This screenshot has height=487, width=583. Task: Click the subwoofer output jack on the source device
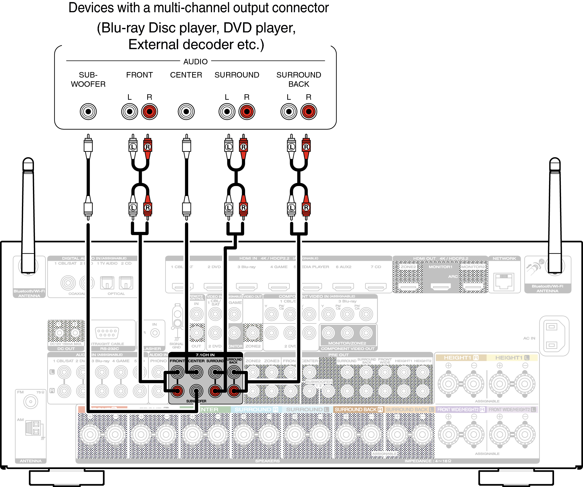tap(88, 111)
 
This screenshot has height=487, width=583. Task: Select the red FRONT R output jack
tap(149, 111)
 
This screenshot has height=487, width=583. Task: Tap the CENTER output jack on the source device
tap(186, 111)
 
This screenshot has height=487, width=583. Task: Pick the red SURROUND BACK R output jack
tap(308, 111)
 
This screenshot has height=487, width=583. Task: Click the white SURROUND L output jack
tap(227, 111)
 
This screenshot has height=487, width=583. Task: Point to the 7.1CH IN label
tap(205, 355)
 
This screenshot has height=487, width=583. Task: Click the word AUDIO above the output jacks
tap(195, 62)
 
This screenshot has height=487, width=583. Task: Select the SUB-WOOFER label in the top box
tap(88, 79)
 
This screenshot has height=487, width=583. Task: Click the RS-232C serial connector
tap(107, 333)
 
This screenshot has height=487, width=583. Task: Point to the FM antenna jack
tap(30, 401)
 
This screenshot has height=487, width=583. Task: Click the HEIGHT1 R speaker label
tap(461, 358)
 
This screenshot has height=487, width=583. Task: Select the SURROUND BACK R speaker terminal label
tap(358, 409)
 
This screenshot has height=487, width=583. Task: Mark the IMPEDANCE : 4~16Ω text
tap(428, 461)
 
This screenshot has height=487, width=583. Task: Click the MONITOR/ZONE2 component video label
tap(347, 343)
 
